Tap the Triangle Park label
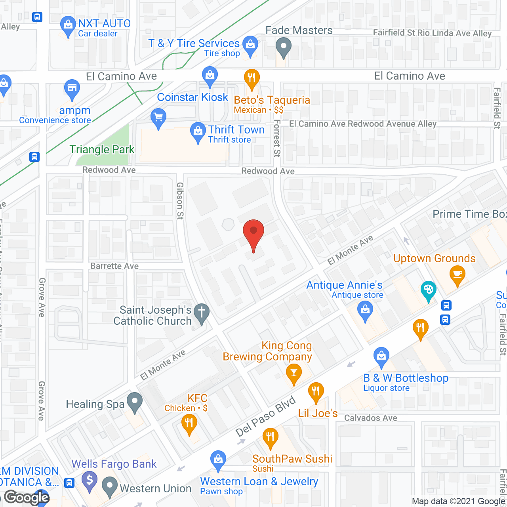(102, 150)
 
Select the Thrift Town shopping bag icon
(198, 132)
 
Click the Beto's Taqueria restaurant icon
(252, 78)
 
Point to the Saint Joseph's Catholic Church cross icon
(202, 313)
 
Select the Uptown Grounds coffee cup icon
(457, 274)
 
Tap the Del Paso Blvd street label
(266, 416)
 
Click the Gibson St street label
(180, 200)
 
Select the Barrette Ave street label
(114, 266)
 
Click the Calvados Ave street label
(370, 418)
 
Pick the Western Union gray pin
(110, 487)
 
